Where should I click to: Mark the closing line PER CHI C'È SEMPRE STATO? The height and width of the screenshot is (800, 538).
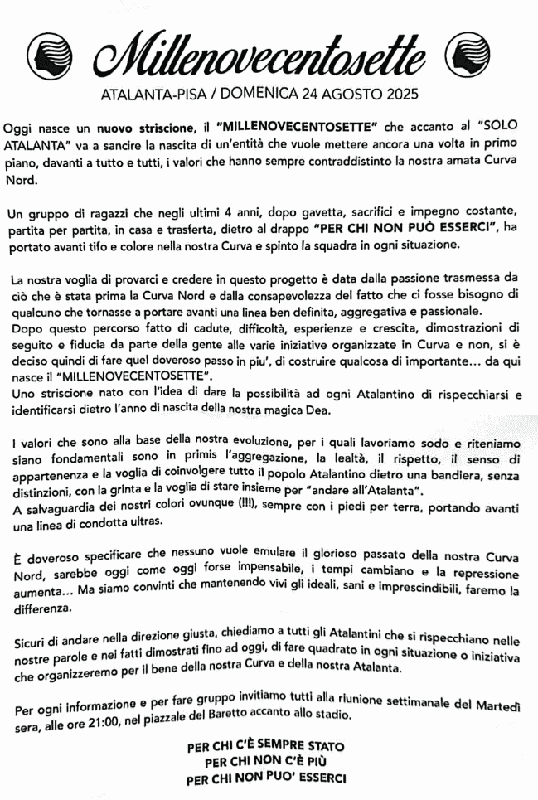click(x=267, y=746)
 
